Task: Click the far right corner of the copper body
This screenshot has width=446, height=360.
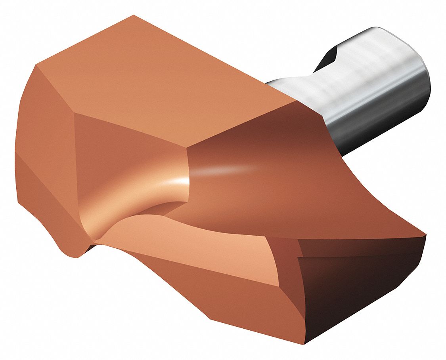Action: (x=426, y=236)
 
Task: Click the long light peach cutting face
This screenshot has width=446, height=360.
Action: (x=198, y=246)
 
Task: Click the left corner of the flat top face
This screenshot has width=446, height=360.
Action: (x=36, y=64)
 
